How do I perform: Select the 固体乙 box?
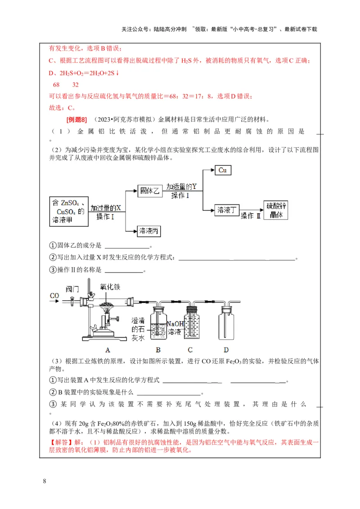point(149,191)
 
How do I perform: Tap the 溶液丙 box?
point(149,231)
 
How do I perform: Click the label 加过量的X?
point(106,208)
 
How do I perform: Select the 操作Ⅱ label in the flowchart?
point(251,216)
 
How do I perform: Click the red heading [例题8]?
point(76,120)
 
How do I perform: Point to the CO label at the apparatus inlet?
point(54,295)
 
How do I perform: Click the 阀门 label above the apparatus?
point(72,288)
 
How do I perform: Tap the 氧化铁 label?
point(110,287)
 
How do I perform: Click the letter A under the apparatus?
point(108,349)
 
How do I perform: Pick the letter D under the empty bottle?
point(226,349)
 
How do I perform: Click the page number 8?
point(44,482)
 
